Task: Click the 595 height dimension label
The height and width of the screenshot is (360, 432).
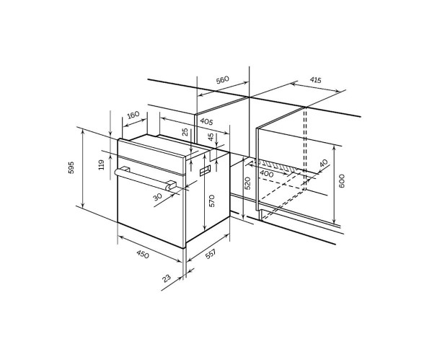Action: (71, 167)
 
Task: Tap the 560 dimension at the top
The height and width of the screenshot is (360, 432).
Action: (223, 80)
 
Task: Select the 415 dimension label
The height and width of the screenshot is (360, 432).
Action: (315, 80)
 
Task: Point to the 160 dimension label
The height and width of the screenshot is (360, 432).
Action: (133, 115)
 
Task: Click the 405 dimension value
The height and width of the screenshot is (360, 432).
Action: (206, 121)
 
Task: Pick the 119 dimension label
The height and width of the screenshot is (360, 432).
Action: (102, 164)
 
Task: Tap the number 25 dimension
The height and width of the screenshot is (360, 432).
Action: (185, 132)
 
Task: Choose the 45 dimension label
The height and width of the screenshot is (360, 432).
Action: (211, 137)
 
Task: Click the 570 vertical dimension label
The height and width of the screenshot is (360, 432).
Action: (211, 201)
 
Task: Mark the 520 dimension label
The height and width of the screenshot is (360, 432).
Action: (247, 183)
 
